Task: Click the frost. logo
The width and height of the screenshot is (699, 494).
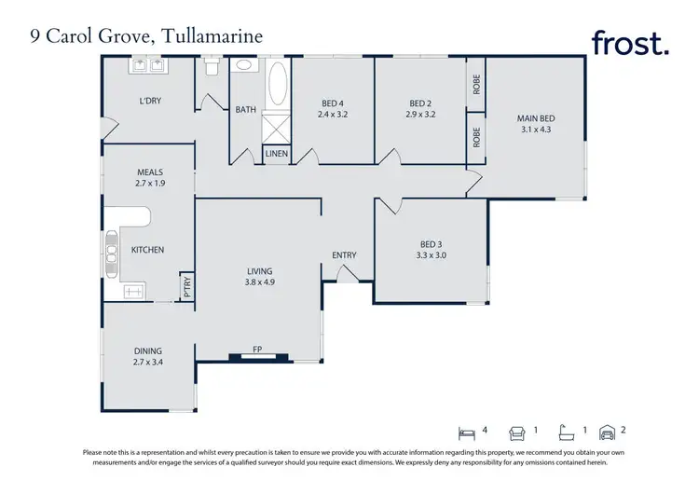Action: [630, 43]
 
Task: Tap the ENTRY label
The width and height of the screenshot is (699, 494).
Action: [345, 255]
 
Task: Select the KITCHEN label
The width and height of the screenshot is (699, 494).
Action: [147, 250]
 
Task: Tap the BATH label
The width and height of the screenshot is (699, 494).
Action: [245, 110]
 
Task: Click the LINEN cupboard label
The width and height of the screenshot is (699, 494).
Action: [276, 154]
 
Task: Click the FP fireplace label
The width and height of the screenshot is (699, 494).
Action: [258, 350]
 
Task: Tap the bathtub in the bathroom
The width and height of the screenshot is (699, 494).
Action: [277, 87]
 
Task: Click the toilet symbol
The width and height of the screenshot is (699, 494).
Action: [212, 67]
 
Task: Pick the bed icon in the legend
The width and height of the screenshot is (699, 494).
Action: [468, 432]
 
